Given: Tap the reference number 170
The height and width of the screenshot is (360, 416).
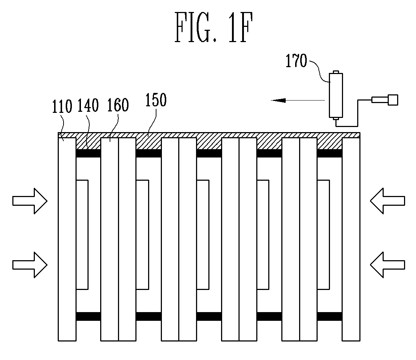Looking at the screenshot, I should (x=295, y=62).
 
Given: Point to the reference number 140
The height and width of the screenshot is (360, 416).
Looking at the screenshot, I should (x=87, y=106).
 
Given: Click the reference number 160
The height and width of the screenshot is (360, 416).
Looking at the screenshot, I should (x=118, y=106).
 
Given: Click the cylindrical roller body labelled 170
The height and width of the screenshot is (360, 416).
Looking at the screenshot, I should (x=335, y=95).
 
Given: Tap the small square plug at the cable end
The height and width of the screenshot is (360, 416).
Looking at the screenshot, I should (x=393, y=99).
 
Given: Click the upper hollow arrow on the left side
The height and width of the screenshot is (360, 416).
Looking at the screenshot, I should (x=29, y=200).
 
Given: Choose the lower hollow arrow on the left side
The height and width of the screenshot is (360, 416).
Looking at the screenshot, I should (x=29, y=265).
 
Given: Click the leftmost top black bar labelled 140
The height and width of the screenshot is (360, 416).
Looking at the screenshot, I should (x=88, y=154).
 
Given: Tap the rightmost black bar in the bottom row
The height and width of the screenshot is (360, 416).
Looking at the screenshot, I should (x=330, y=316).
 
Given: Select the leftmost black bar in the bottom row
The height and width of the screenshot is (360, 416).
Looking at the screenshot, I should (x=88, y=316).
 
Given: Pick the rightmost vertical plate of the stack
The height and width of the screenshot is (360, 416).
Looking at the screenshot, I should (x=351, y=240).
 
